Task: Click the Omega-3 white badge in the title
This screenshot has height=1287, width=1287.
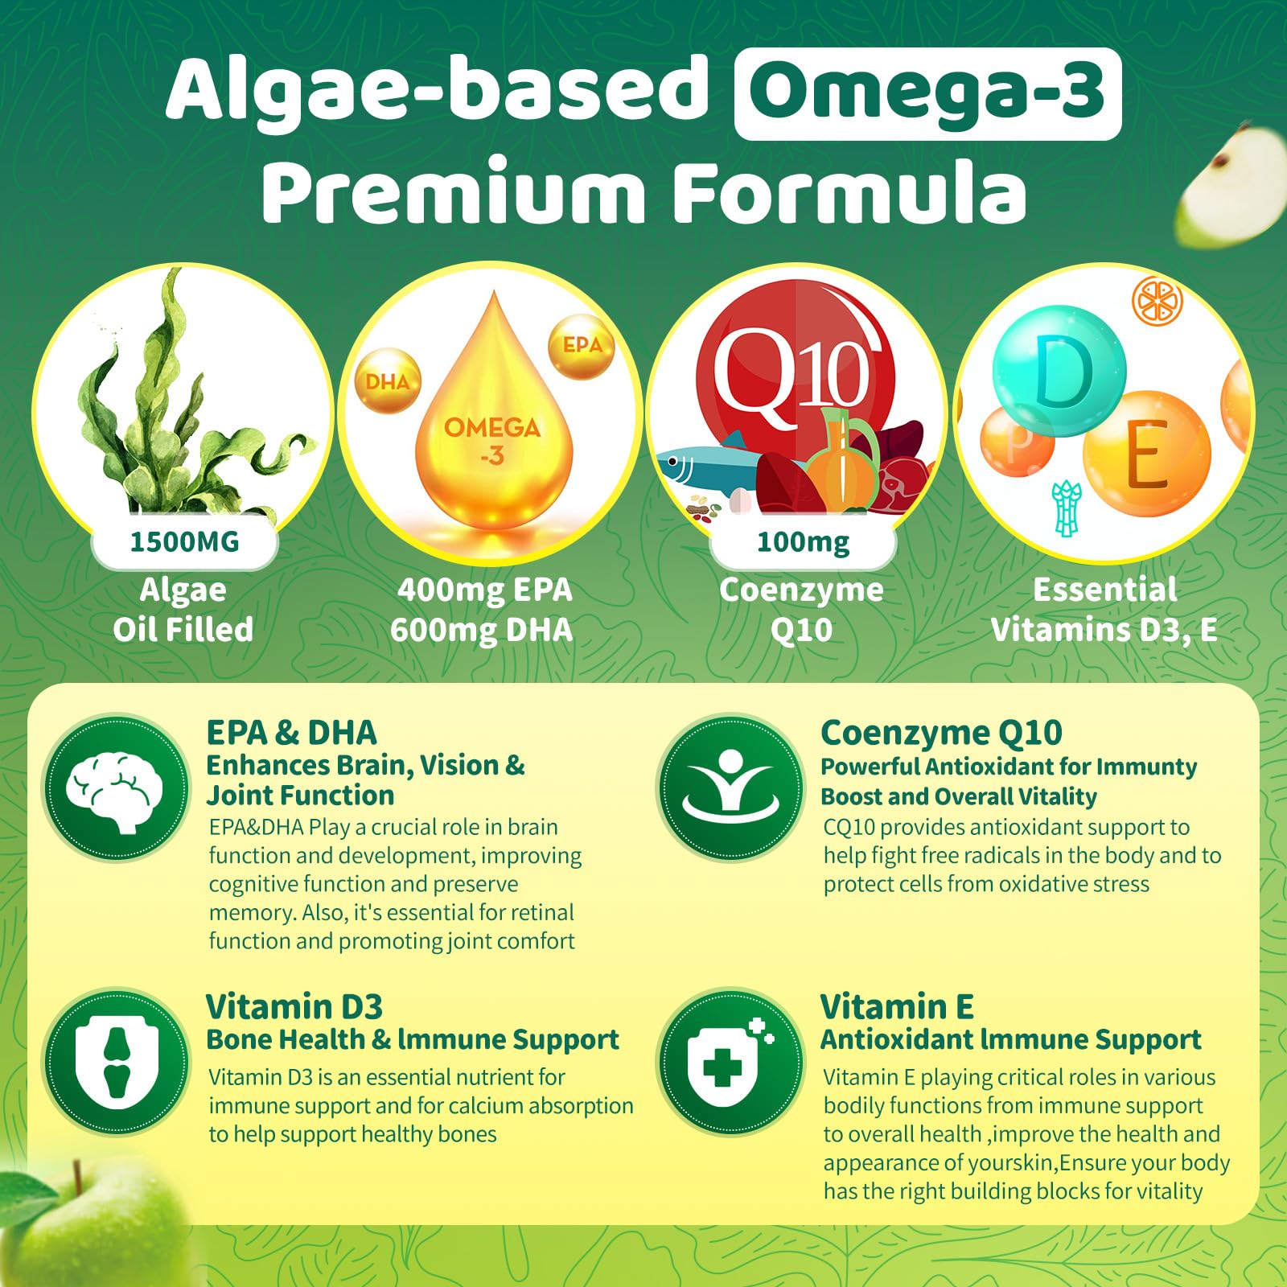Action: click(x=927, y=93)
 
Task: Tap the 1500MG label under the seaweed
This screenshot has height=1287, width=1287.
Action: click(x=184, y=542)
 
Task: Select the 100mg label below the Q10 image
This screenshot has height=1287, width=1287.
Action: click(x=803, y=542)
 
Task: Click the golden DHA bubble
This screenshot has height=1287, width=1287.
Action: click(x=388, y=381)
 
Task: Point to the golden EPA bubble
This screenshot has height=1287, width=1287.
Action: click(x=582, y=346)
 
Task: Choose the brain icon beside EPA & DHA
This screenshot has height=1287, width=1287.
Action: click(x=116, y=788)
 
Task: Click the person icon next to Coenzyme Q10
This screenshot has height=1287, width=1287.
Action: click(x=731, y=788)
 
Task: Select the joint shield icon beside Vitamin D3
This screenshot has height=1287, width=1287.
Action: click(x=116, y=1063)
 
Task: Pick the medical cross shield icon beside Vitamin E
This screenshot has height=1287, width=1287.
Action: click(x=731, y=1063)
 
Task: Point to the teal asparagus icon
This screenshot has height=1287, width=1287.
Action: click(x=1067, y=507)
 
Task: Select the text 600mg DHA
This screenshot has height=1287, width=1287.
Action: click(x=481, y=630)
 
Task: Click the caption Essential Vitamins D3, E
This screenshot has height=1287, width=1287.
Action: click(x=1104, y=610)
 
